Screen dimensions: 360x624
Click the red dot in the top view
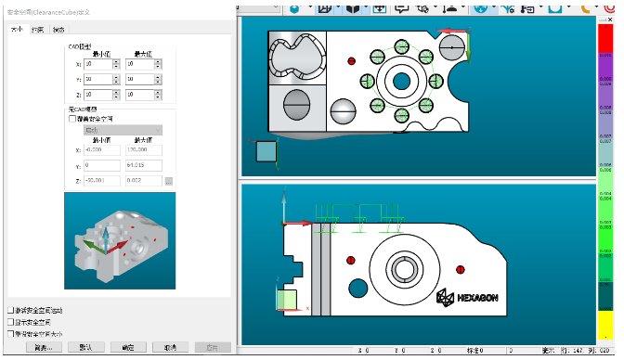351,60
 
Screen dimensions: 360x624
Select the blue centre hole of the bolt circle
401,82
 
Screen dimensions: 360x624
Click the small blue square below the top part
266,153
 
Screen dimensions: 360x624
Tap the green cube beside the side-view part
287,299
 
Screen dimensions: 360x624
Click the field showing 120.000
144,149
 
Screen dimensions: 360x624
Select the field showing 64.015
144,165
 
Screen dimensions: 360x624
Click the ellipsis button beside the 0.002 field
168,181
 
